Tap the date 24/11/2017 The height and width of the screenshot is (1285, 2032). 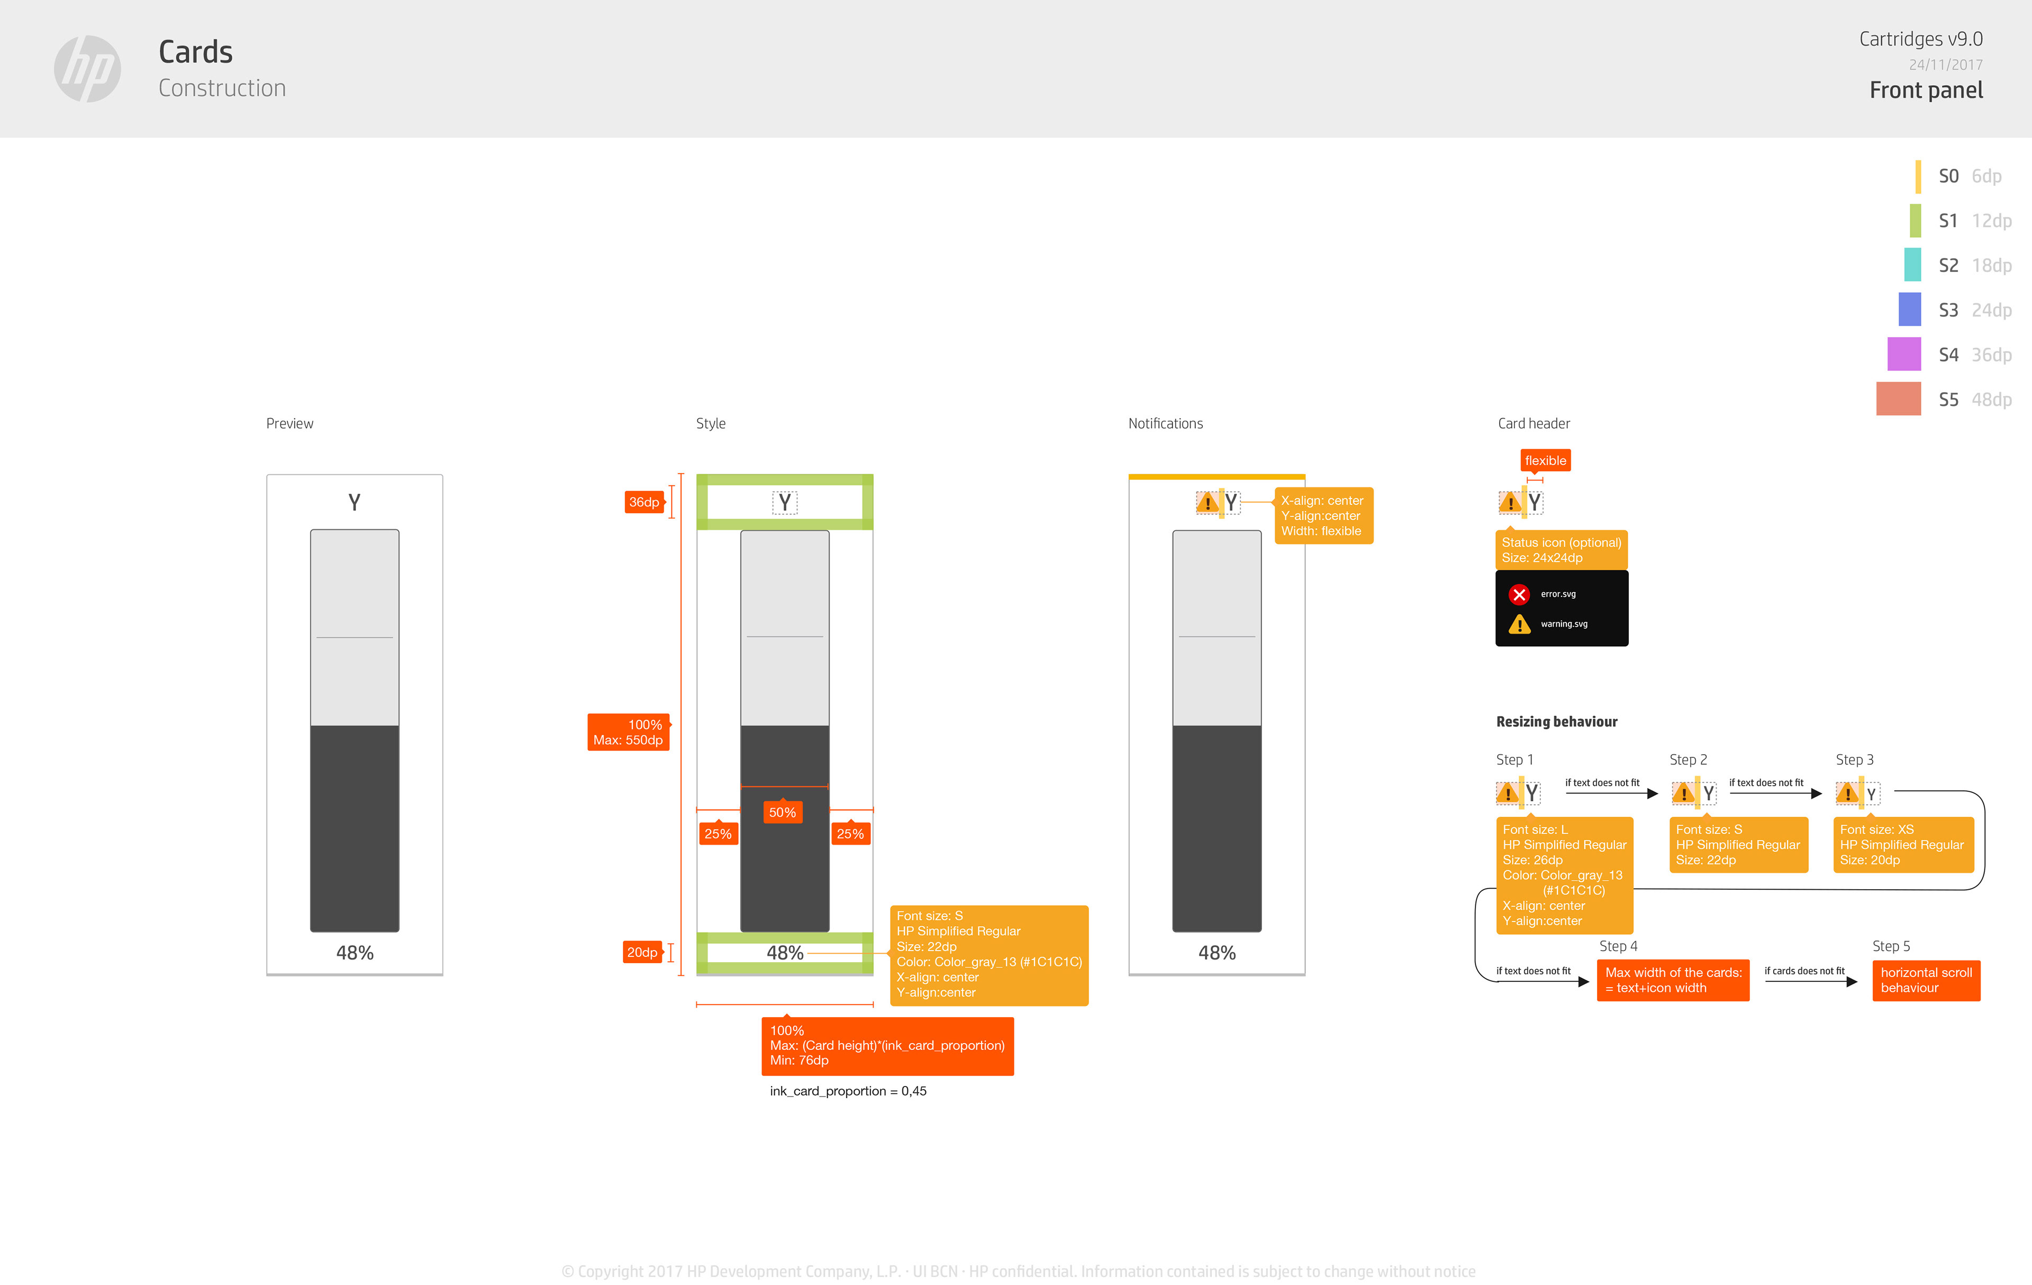coord(1945,65)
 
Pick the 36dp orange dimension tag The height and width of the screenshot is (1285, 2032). coord(644,502)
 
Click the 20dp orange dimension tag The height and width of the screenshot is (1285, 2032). coord(642,953)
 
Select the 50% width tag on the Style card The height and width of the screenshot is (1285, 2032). coord(782,812)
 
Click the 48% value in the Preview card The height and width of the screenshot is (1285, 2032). coord(355,953)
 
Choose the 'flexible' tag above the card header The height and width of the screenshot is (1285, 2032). coord(1545,460)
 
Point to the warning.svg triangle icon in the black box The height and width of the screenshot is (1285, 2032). coord(1519,625)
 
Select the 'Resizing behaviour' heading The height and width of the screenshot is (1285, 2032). coord(1556,721)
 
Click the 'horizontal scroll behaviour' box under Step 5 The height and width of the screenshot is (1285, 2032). coord(1926,980)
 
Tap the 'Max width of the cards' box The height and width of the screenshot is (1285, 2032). coord(1673,980)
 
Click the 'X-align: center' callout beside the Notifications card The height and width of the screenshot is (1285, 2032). coord(1323,515)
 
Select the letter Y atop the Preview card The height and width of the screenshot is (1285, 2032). coord(355,503)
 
